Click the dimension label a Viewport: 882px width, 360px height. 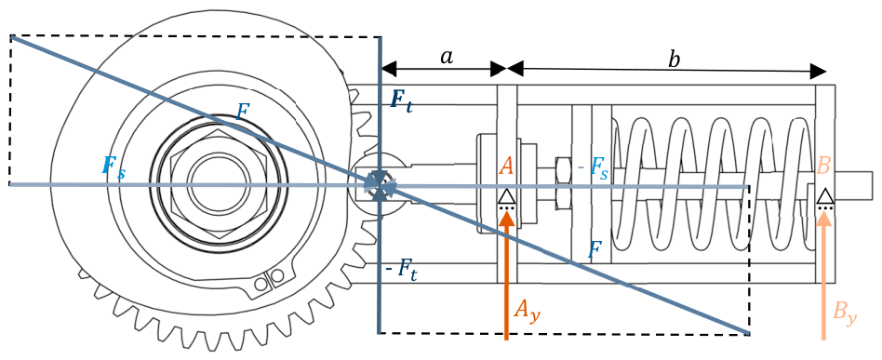446,57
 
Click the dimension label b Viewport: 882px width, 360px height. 673,60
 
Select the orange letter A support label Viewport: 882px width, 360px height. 506,166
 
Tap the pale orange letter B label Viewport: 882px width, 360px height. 823,166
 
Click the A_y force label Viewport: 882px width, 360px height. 528,310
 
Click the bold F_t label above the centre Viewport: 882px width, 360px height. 402,102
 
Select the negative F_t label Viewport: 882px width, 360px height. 403,270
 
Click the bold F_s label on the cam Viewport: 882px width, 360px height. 114,167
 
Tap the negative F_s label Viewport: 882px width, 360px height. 591,170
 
